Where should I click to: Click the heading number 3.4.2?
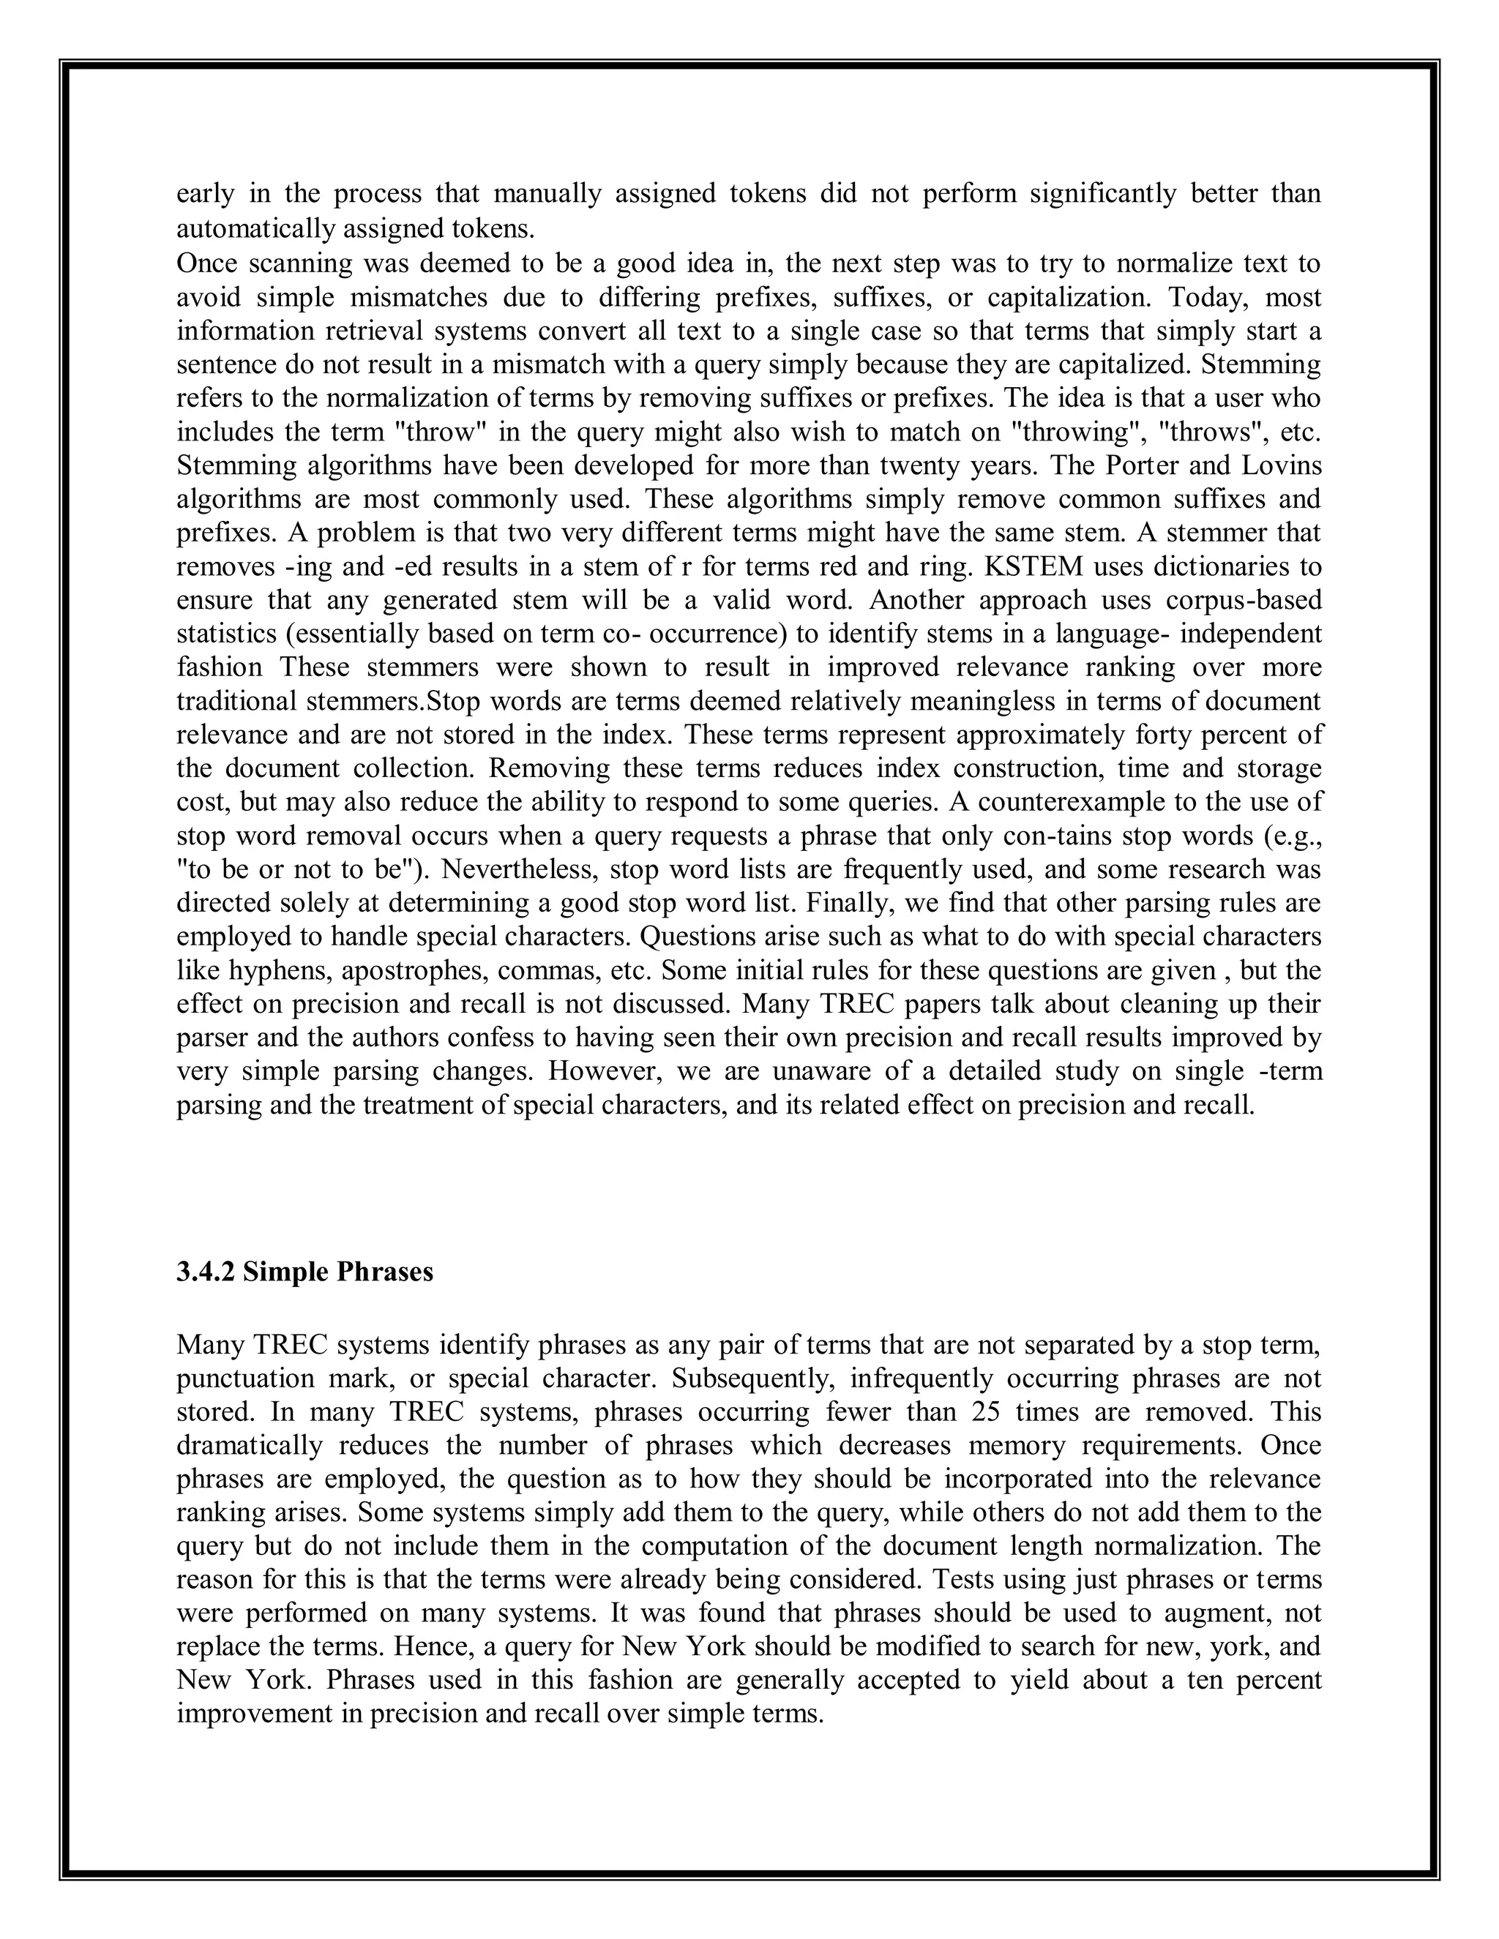click(x=206, y=1272)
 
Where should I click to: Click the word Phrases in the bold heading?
click(x=384, y=1272)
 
